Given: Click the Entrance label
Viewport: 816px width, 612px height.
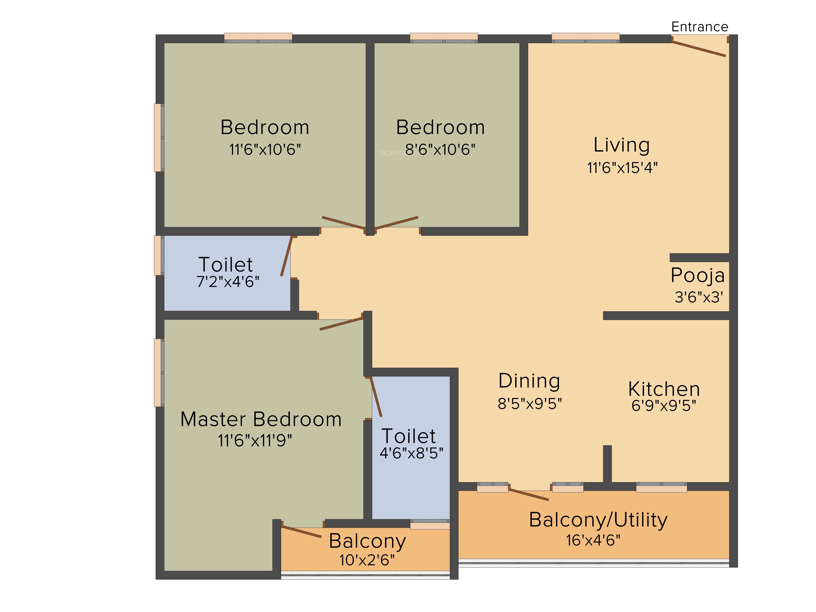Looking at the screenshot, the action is coord(700,27).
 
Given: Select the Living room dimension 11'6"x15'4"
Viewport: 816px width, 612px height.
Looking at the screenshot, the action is coord(622,168).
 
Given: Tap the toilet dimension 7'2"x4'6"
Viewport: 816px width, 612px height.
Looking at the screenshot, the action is coord(228,282).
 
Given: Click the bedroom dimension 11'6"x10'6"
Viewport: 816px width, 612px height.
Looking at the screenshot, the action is coord(265,149).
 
